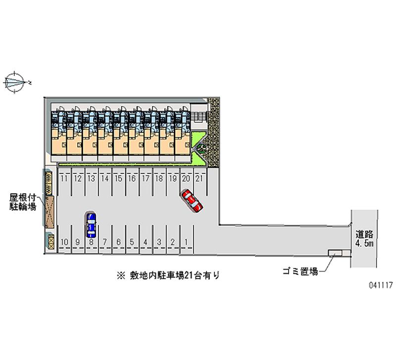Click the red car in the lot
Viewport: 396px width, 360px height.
(192, 201)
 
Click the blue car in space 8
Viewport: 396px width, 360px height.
(91, 225)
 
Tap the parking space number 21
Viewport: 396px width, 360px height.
(198, 178)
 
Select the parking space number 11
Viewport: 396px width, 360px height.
(64, 178)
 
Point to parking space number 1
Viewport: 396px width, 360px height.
(186, 242)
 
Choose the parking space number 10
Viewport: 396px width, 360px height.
(64, 242)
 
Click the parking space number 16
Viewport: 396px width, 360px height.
(132, 178)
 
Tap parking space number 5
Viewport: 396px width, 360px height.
(132, 242)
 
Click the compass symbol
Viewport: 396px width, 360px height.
(15, 80)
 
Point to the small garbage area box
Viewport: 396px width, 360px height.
(335, 253)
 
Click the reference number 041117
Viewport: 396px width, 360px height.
(379, 286)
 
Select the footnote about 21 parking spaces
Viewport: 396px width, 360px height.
(168, 275)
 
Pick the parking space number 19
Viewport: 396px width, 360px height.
(172, 178)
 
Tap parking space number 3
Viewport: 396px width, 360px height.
(159, 242)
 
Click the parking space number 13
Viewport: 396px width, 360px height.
(91, 178)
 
